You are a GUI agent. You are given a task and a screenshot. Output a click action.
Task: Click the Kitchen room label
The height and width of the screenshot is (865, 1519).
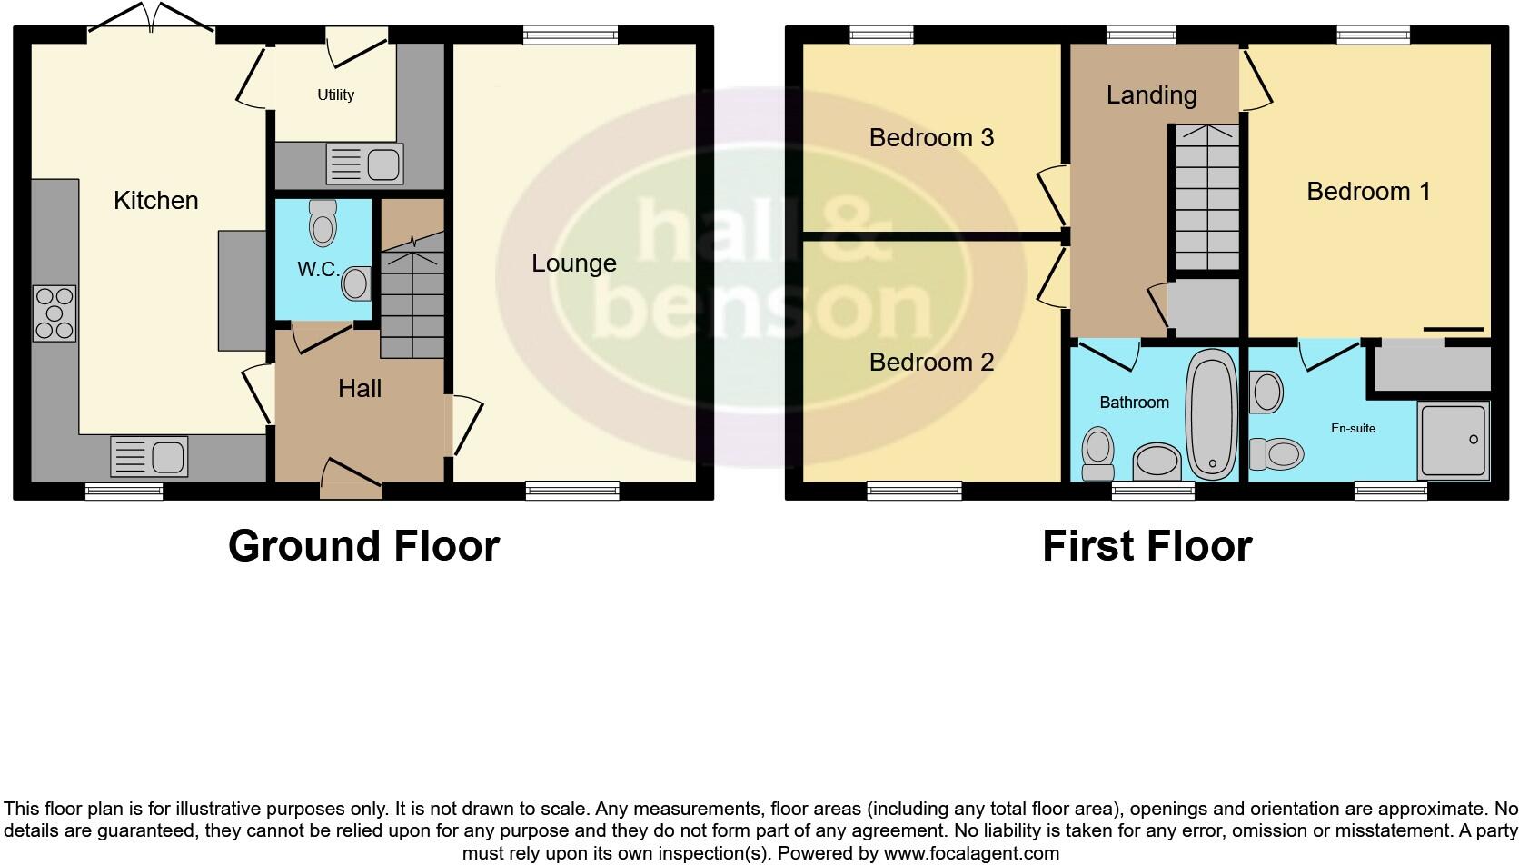155,201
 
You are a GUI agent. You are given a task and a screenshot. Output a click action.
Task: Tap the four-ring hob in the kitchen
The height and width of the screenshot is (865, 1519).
54,313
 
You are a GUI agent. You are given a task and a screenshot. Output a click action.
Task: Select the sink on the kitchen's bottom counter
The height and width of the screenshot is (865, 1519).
149,456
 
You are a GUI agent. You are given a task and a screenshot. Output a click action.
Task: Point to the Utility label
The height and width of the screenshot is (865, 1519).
335,94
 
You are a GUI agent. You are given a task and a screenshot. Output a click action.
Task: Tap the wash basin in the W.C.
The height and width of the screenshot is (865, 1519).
356,283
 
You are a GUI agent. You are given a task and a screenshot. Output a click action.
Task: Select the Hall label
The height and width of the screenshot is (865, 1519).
360,389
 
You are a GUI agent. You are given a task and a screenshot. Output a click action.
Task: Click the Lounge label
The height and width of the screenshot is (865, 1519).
574,263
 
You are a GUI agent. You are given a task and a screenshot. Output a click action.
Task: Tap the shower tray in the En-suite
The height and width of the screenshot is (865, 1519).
1454,441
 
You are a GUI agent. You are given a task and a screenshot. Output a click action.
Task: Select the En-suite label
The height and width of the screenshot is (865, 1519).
1353,428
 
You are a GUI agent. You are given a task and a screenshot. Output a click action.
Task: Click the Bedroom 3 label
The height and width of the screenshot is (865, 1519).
931,138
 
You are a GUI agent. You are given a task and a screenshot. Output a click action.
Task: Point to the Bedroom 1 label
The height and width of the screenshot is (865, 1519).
1368,192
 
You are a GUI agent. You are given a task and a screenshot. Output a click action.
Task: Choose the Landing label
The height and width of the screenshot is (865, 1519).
1151,95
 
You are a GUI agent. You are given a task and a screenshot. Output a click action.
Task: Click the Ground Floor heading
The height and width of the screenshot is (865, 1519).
363,546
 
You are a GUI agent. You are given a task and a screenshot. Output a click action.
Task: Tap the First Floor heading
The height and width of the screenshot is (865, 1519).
1147,546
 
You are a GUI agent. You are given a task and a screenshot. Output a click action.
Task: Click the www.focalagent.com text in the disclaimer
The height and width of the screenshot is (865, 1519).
971,853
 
